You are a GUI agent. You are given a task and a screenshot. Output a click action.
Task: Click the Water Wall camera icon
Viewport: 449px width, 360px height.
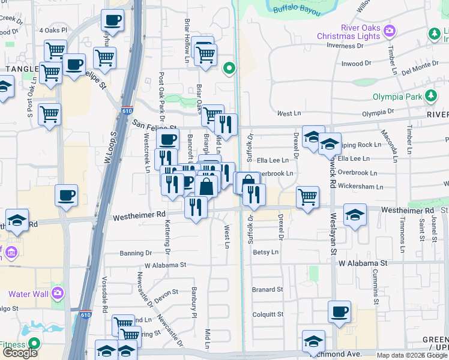[58, 293]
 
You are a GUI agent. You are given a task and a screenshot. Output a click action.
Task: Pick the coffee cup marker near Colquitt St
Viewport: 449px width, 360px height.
[340, 312]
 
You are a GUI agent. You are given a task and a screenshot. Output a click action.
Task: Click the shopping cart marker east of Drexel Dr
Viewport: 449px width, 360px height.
[307, 196]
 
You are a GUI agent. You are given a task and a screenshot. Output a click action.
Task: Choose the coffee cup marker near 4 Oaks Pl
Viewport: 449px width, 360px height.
[113, 20]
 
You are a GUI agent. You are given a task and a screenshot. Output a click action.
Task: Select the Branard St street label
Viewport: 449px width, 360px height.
[268, 289]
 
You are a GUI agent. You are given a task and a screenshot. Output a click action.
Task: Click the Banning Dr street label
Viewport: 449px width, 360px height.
[136, 253]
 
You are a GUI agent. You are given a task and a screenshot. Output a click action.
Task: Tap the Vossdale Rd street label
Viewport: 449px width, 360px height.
[104, 303]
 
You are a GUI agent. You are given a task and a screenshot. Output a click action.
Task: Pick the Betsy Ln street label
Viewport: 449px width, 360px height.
[265, 253]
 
